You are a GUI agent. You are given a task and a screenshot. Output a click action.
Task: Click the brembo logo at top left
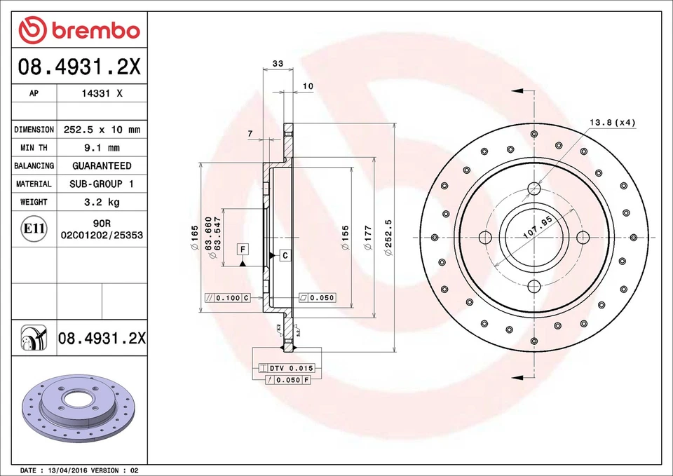coord(79,30)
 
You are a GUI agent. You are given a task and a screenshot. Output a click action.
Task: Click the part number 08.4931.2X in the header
coord(79,68)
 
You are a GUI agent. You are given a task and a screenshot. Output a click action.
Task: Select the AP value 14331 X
coord(102,93)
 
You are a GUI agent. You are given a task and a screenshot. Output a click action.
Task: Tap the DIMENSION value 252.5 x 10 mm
coord(102,130)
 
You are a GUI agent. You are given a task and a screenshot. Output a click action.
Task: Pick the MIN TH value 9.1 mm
coord(102,148)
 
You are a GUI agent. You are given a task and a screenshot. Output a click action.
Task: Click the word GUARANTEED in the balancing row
coord(102,166)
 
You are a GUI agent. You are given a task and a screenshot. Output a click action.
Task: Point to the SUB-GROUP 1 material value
coord(102,184)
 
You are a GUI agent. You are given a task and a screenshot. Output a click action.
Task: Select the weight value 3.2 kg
coord(102,202)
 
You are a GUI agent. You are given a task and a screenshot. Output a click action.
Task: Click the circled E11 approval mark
coord(34,229)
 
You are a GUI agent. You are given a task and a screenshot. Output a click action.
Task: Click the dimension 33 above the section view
coord(278,64)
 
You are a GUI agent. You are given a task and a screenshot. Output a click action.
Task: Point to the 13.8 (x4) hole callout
coord(611,123)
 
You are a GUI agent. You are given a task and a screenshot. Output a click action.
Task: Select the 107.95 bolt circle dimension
coord(538,229)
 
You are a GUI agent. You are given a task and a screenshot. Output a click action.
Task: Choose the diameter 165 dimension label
coord(194,238)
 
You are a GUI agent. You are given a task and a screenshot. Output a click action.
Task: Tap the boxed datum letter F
coord(242,250)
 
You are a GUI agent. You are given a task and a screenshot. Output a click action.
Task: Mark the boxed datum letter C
coord(285,256)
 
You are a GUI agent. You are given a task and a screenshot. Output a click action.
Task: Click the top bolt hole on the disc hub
coord(534,188)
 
